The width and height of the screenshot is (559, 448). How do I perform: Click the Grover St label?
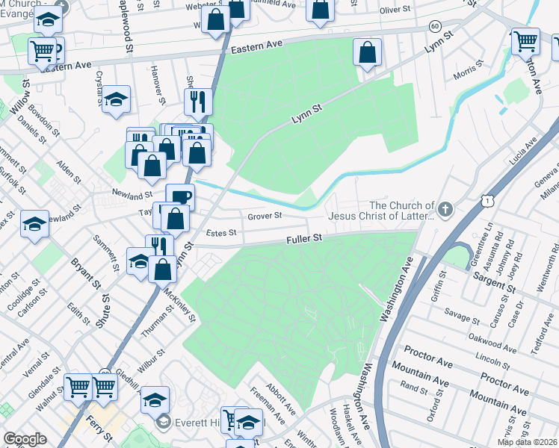pos(265,215)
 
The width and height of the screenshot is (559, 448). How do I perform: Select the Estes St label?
pos(220,233)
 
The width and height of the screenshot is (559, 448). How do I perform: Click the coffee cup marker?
pos(180,198)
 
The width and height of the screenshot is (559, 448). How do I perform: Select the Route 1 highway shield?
pos(487,201)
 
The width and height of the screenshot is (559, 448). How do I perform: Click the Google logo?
pos(25,439)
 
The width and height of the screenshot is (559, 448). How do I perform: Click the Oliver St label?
pos(396,10)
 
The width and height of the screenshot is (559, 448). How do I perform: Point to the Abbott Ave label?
pos(276,393)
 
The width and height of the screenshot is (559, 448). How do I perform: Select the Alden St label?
pos(69,173)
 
